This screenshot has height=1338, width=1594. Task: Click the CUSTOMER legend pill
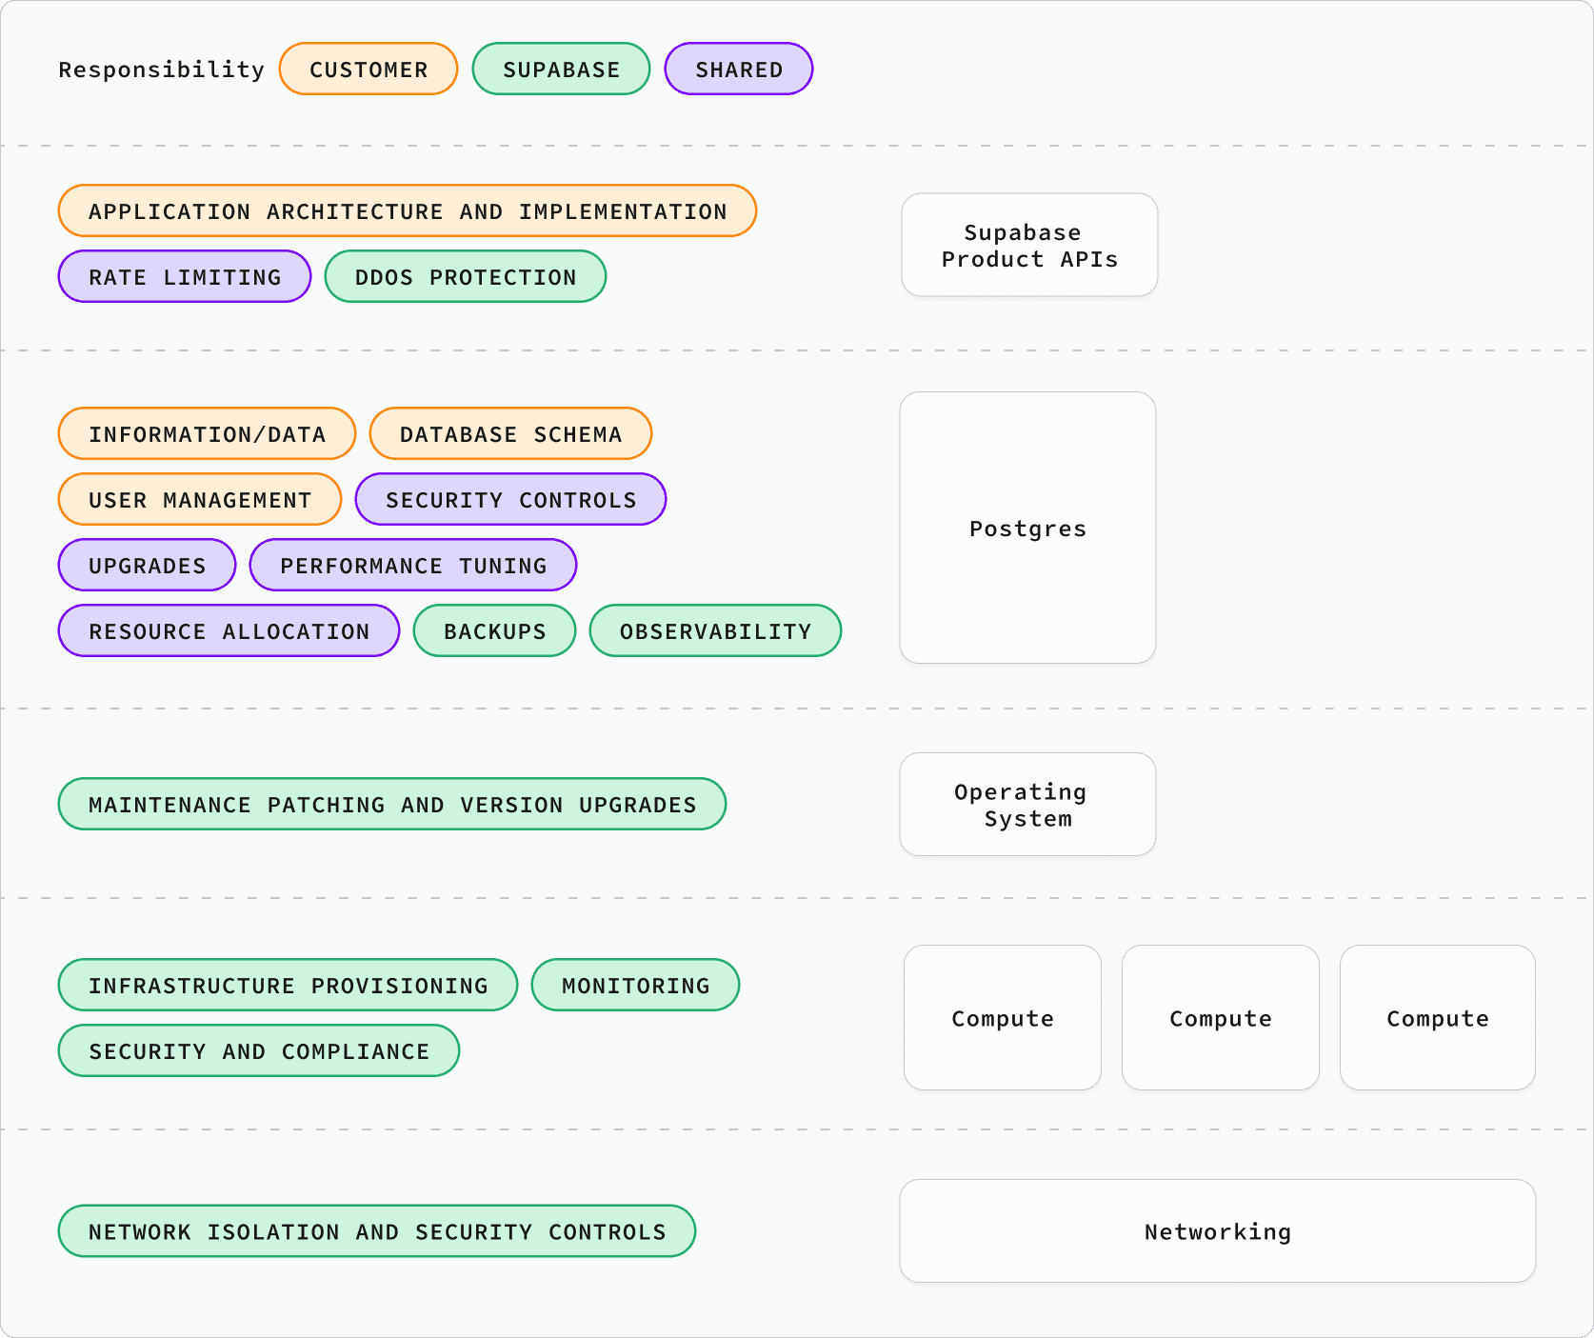tap(369, 70)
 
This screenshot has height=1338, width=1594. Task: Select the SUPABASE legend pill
tap(561, 70)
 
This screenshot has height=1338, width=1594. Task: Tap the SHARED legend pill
tap(738, 70)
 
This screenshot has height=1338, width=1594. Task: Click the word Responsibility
tap(161, 70)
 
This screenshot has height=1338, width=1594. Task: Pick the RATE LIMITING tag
tap(185, 277)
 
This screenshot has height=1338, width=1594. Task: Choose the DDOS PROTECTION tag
tap(465, 277)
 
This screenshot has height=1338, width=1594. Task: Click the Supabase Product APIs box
tap(1029, 246)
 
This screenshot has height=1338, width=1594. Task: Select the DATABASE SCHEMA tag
tap(510, 434)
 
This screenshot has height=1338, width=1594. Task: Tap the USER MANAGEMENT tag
tap(200, 500)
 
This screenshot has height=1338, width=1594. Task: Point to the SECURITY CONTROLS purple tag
tap(510, 500)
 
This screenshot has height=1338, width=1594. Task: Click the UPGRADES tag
tap(147, 566)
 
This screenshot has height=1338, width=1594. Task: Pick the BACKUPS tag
tap(494, 631)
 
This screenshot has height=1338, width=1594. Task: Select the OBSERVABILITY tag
tap(715, 631)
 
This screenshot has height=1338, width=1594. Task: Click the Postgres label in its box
tap(1027, 529)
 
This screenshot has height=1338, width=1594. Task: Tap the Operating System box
tap(1027, 805)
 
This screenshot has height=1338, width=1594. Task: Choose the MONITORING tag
tap(635, 986)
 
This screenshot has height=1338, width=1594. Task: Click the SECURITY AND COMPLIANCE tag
tap(259, 1051)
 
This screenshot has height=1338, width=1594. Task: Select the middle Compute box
tap(1220, 1018)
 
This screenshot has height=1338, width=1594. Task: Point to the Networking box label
tap(1217, 1231)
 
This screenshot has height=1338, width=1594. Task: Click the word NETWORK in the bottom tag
tap(140, 1232)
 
